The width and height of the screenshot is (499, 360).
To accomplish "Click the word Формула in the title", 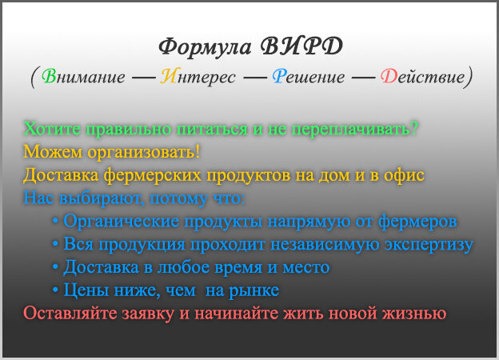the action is click(x=205, y=47).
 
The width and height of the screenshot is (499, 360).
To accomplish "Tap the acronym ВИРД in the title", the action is click(x=301, y=46).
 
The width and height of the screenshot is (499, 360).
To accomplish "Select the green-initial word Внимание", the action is click(x=83, y=77).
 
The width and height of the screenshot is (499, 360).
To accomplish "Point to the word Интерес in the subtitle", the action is click(x=198, y=77).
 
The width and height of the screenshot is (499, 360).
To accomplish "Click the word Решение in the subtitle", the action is click(x=309, y=77).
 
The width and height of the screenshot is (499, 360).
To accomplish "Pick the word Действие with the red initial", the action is click(x=422, y=77).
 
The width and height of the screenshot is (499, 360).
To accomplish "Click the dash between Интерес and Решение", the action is click(x=254, y=78).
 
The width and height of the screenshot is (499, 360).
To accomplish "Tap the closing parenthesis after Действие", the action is click(x=469, y=77).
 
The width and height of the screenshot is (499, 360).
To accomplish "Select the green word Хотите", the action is click(x=52, y=129).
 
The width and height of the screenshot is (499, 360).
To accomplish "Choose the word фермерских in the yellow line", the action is click(x=153, y=175).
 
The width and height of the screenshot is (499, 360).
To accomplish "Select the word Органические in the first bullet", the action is click(x=122, y=222).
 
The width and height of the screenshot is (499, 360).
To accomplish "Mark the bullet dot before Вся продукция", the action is click(x=55, y=244).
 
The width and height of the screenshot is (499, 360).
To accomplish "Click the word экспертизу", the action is click(x=429, y=245).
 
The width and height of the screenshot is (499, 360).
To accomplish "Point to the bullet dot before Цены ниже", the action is click(x=55, y=290).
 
